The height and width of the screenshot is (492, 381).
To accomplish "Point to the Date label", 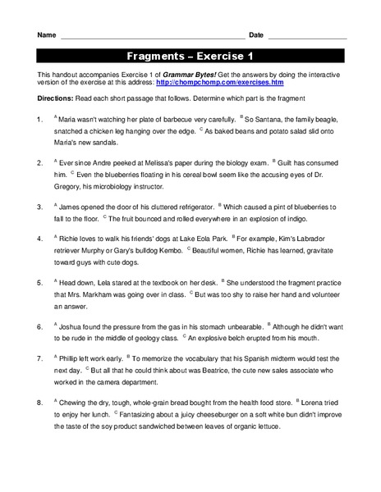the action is tap(256, 35).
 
